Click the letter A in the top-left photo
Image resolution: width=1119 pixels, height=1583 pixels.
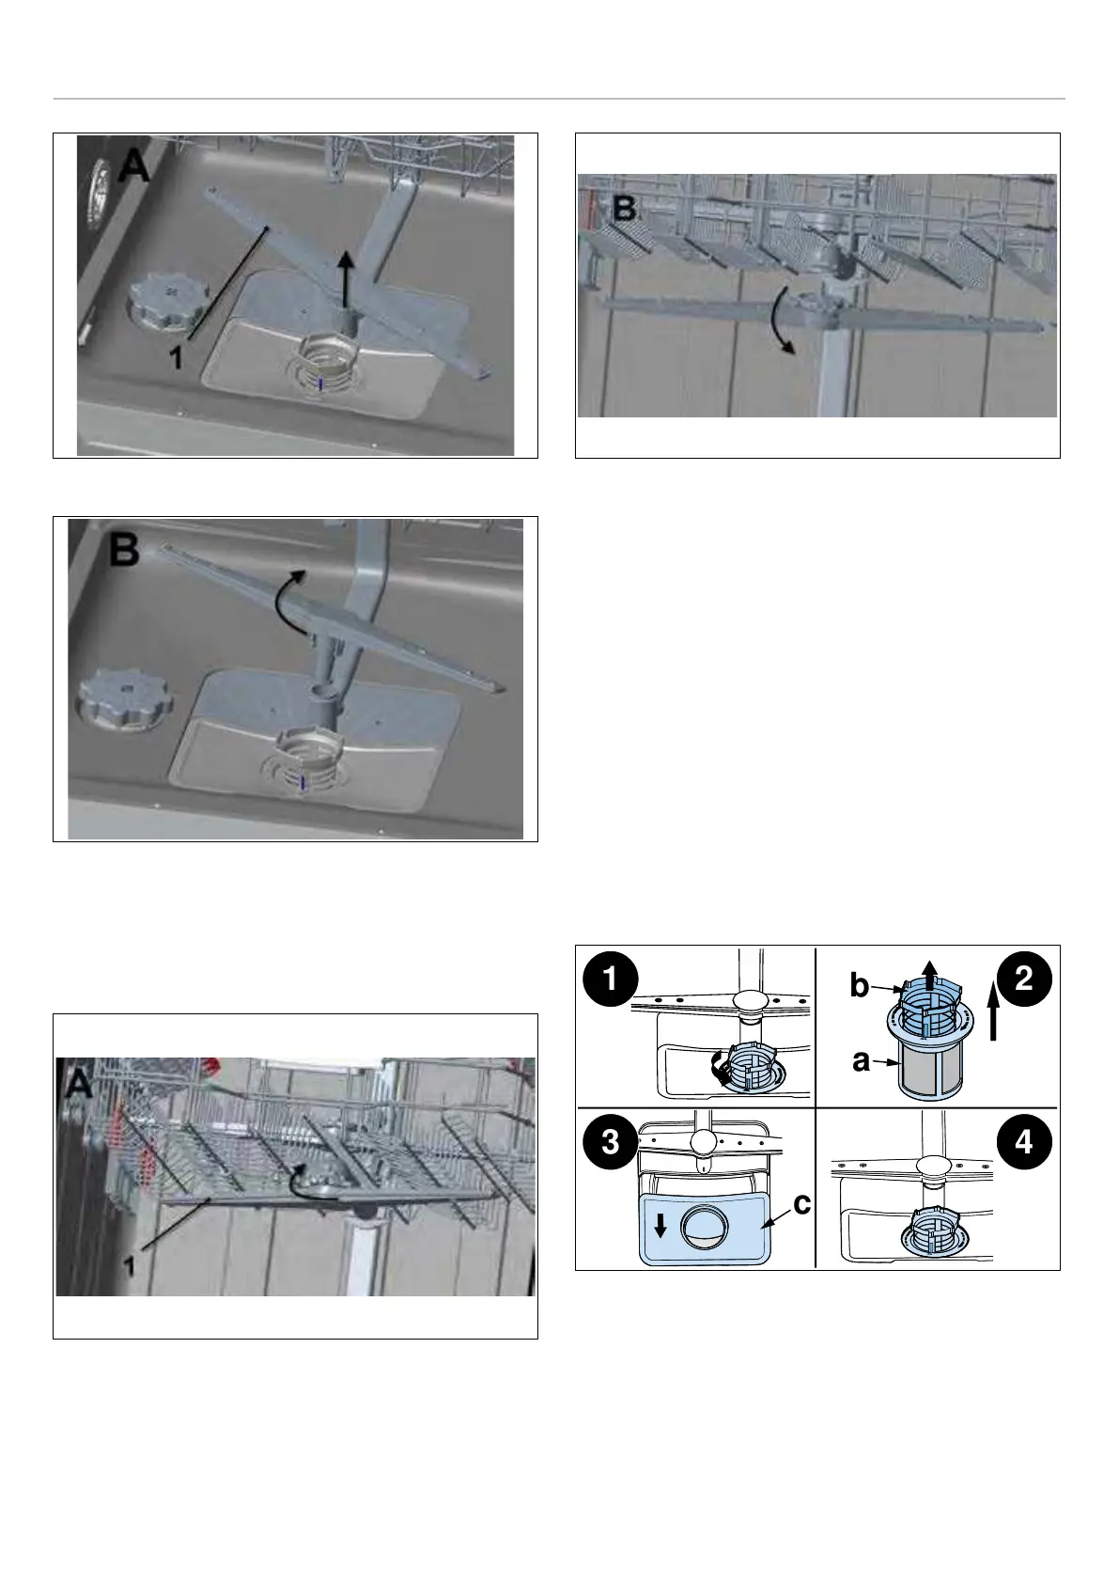[x=134, y=167]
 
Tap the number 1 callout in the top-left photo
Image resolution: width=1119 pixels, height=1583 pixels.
[x=175, y=356]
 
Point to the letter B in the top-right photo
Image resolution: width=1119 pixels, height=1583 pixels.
[x=624, y=209]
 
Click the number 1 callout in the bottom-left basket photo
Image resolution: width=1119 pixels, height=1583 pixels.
[x=130, y=1267]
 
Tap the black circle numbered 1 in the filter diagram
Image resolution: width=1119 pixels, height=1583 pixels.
[x=610, y=979]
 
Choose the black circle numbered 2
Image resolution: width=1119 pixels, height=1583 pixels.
[x=1023, y=979]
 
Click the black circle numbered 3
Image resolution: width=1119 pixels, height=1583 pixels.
[x=610, y=1141]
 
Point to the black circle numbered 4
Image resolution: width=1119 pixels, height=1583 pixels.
[x=1023, y=1141]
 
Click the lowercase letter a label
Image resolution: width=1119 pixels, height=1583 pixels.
[x=861, y=1060]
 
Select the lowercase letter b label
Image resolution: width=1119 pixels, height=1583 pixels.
[x=859, y=985]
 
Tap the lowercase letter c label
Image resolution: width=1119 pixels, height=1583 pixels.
[x=801, y=1203]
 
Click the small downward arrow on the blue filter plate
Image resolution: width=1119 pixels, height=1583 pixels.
[x=661, y=1225]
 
